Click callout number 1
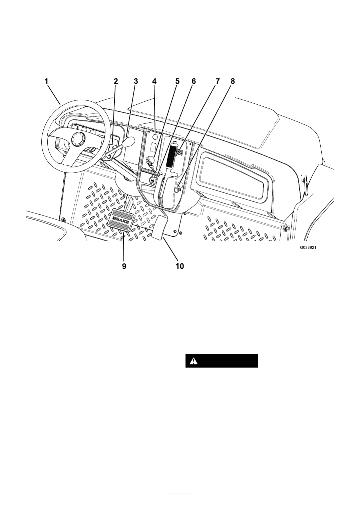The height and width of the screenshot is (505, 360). point(46,81)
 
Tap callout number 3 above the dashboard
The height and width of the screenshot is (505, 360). point(135,81)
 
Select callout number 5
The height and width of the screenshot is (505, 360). point(177,81)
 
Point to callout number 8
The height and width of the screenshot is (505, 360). point(233,81)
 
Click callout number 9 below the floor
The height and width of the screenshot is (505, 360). point(124,266)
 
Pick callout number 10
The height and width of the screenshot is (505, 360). point(180,266)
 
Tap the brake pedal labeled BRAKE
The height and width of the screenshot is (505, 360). point(121,220)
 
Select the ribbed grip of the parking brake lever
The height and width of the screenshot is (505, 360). point(172,155)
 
